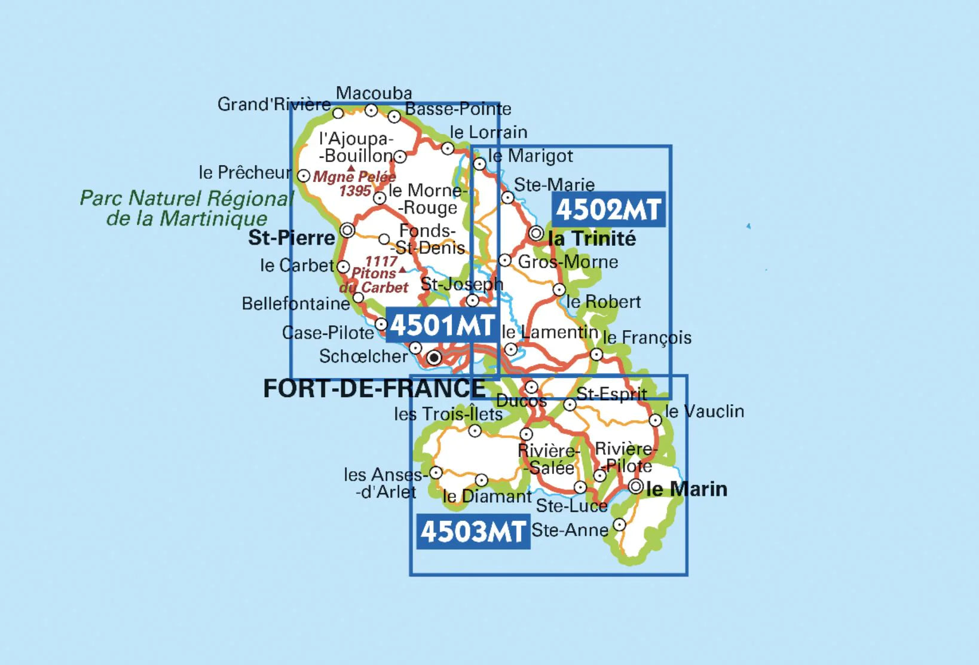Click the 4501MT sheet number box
(442, 325)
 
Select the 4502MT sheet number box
(608, 209)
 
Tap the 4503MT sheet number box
(473, 531)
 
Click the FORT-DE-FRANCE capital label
(375, 389)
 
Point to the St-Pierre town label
(292, 237)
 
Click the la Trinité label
(592, 239)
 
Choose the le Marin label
(687, 489)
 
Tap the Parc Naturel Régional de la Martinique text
(186, 208)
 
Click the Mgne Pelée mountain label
(354, 177)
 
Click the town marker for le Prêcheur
(304, 176)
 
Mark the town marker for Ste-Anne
(620, 524)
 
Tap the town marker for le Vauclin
(655, 420)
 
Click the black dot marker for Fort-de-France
(434, 358)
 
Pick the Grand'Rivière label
(274, 104)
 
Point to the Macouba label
(374, 93)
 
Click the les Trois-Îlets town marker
(475, 431)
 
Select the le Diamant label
(487, 496)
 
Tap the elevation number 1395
(355, 191)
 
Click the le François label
(647, 338)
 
